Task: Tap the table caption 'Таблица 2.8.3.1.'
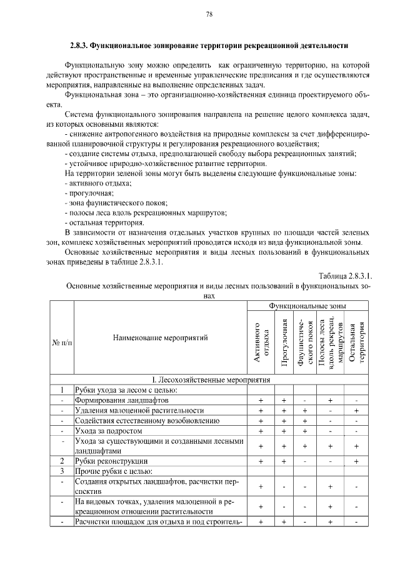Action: point(345,276)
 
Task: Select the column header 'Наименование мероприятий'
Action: point(161,338)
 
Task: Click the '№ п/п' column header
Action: point(62,343)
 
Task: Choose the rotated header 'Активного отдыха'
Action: point(260,342)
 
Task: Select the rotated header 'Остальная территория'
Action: point(356,342)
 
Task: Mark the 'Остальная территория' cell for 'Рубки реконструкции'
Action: point(356,461)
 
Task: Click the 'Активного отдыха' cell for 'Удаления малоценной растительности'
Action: point(260,411)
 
